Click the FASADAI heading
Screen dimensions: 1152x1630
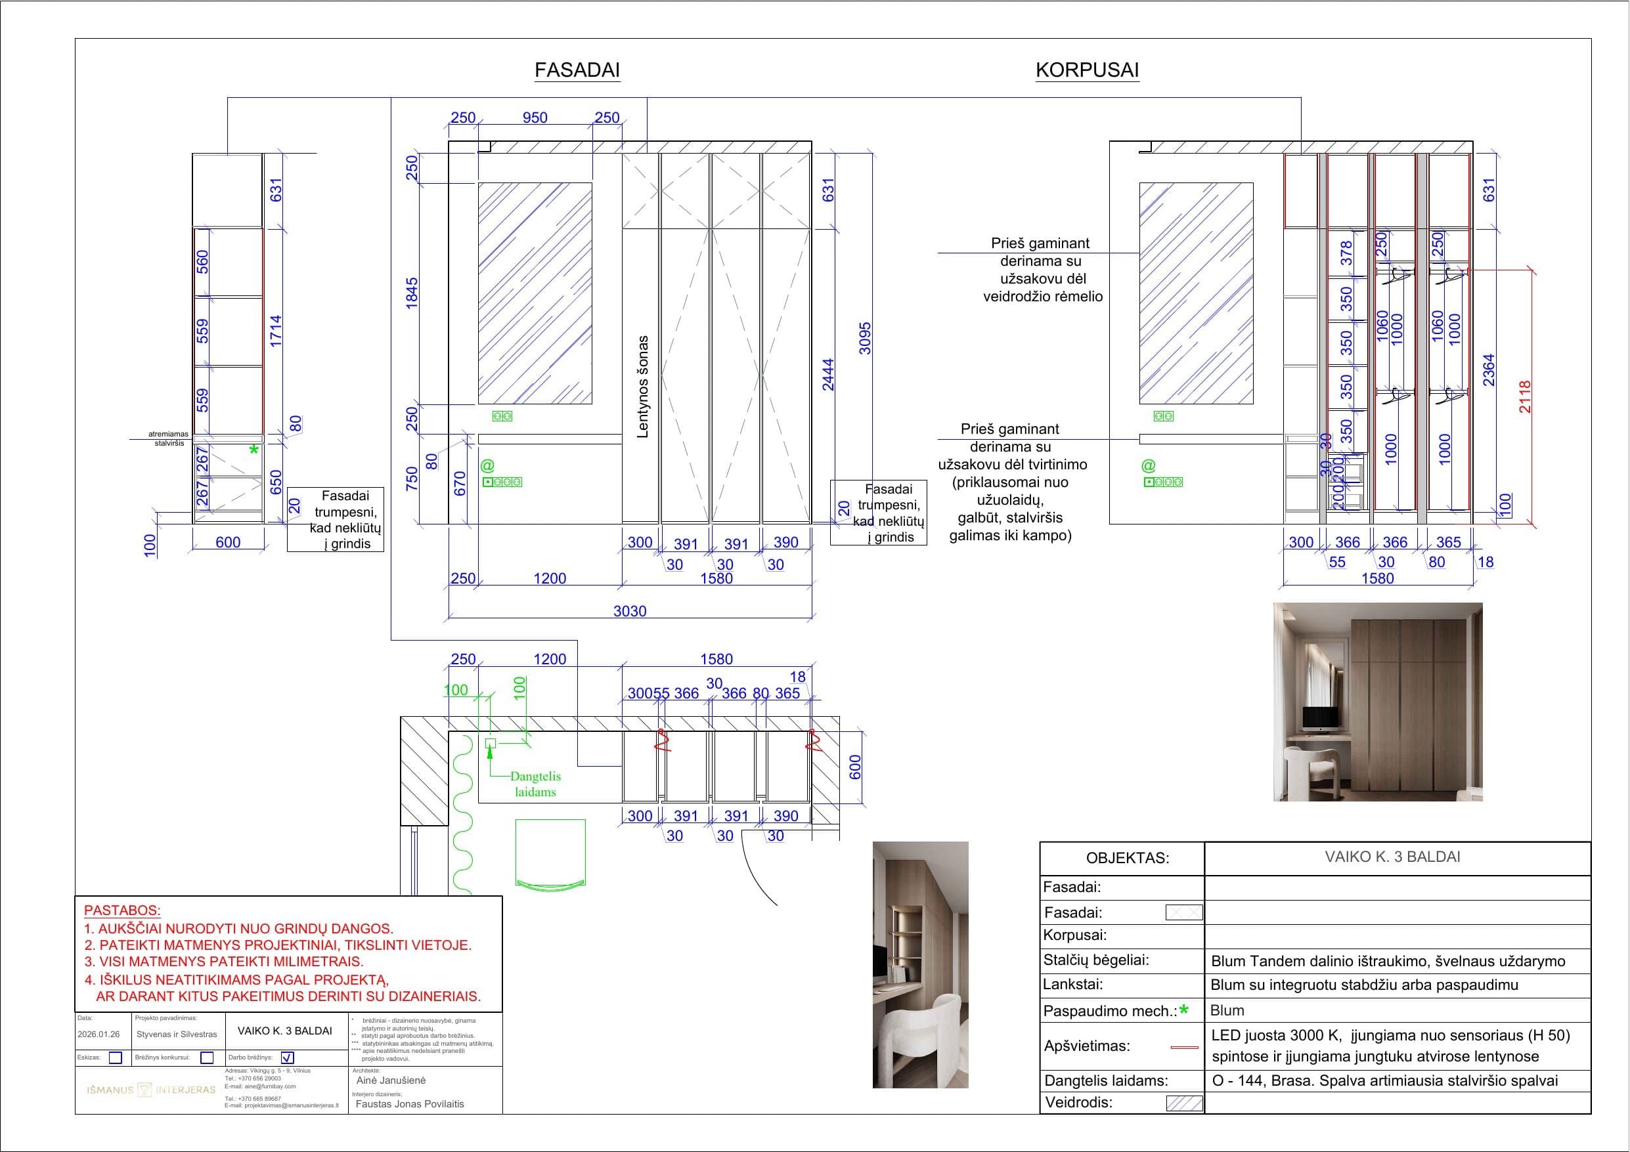[577, 70]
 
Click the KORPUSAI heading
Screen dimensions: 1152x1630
[1086, 70]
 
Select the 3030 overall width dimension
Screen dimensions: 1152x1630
[629, 611]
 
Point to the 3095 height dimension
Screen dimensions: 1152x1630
[865, 338]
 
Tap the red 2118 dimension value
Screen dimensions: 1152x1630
[1525, 396]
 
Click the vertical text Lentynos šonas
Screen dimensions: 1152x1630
[642, 386]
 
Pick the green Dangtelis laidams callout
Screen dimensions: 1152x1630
[535, 784]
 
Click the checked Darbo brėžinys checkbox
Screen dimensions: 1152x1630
[288, 1057]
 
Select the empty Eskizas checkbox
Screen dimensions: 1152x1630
[115, 1057]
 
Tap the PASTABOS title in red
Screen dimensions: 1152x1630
[122, 910]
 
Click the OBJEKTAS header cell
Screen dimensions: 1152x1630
[1127, 858]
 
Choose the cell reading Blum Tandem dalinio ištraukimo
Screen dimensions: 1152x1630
[1387, 961]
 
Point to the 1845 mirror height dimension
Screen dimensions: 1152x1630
[412, 293]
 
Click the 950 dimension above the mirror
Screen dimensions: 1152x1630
[535, 118]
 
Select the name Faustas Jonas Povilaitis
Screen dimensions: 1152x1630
[410, 1103]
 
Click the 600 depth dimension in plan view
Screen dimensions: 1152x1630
[855, 767]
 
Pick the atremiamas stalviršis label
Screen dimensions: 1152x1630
[169, 438]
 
